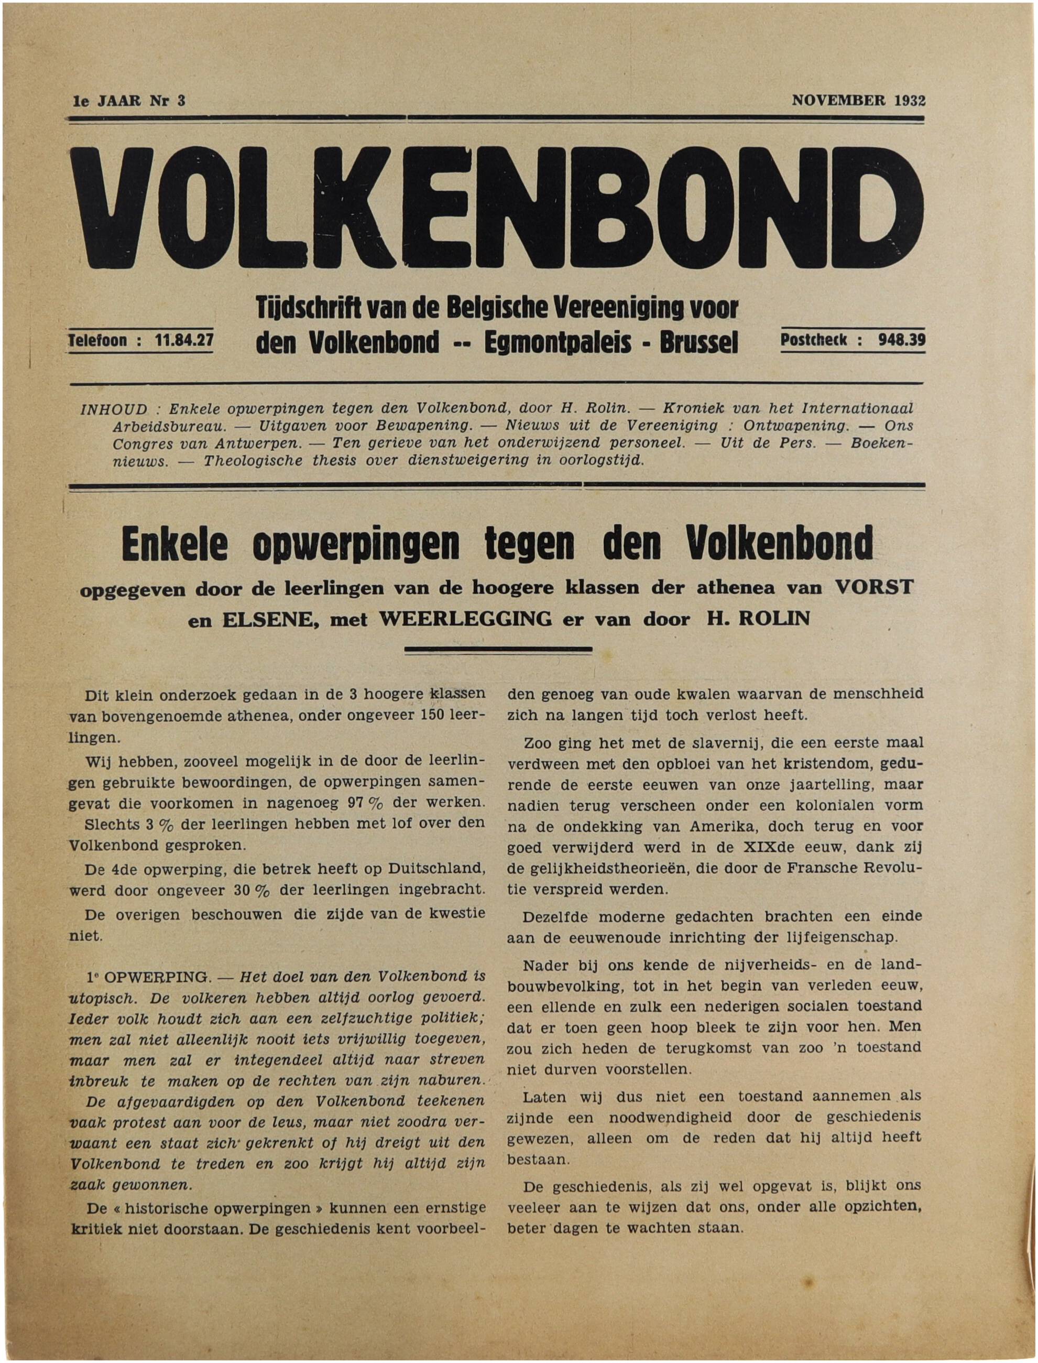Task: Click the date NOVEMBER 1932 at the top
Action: tap(858, 100)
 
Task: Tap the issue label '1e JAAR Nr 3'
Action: tap(129, 101)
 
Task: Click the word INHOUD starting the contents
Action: tap(114, 409)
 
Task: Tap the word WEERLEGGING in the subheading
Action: tap(465, 619)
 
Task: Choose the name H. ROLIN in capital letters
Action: tap(758, 619)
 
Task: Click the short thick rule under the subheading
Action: tap(497, 650)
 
